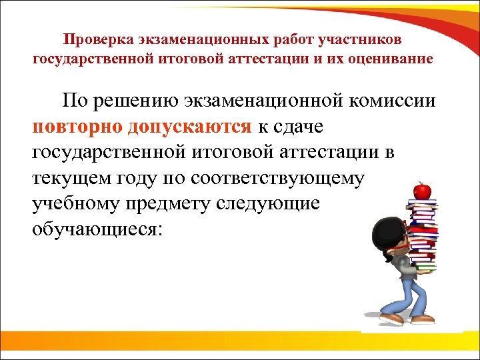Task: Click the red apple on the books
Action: click(x=421, y=191)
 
